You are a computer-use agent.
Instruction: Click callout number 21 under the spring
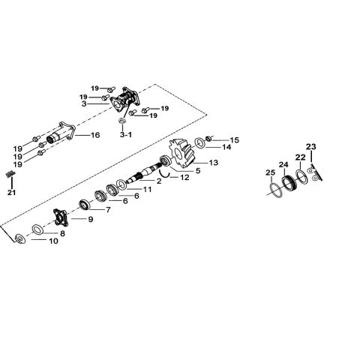coord(11,193)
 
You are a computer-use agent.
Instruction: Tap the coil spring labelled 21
coord(10,174)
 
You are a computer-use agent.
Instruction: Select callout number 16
coord(95,135)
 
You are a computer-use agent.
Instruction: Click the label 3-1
coord(125,135)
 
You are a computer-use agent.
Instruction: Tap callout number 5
coord(198,170)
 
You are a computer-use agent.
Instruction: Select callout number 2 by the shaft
coord(158,181)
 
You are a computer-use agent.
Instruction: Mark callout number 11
coord(148,190)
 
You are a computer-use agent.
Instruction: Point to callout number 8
coord(62,234)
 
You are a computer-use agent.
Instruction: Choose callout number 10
coord(52,241)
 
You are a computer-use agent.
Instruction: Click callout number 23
coord(311,146)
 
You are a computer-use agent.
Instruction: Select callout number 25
coord(270,173)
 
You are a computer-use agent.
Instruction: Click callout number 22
coord(300,157)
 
